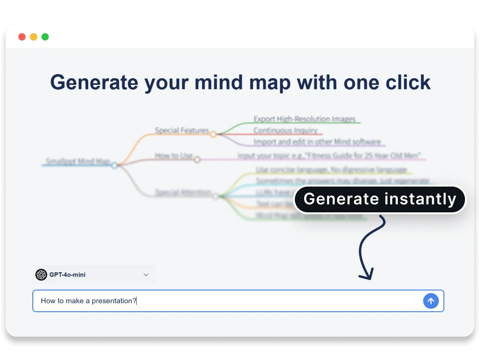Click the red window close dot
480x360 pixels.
[22, 37]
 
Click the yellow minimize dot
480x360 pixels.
[34, 37]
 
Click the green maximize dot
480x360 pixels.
[45, 37]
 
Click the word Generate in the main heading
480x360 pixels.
[94, 82]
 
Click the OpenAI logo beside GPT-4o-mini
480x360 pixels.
[41, 275]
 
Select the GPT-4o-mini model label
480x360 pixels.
[67, 275]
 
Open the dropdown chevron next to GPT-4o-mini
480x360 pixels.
[146, 275]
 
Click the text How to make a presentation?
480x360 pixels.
[88, 301]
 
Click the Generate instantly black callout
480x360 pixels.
[380, 199]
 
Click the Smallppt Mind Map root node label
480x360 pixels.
[78, 162]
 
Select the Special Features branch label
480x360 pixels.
[182, 130]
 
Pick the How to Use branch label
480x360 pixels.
[174, 156]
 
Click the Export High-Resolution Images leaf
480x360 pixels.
[305, 119]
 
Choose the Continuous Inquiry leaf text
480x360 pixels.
[285, 130]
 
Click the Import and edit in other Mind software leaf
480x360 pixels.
[317, 142]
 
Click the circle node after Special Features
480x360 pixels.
[213, 135]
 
